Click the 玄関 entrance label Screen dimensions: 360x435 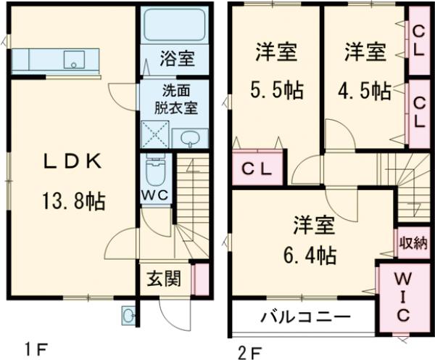click(165, 279)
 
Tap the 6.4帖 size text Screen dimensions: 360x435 click(314, 255)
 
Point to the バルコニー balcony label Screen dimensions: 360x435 click(305, 317)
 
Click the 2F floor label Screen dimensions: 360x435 click(251, 353)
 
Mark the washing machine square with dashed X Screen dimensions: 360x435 click(154, 136)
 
